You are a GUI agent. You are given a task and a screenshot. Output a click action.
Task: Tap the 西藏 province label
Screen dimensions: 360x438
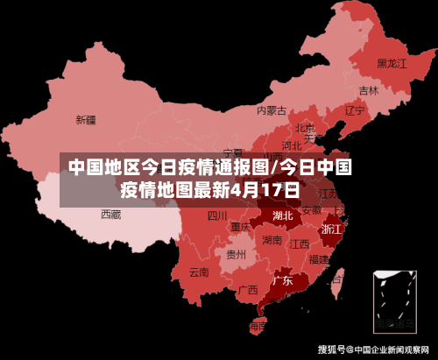(x=110, y=214)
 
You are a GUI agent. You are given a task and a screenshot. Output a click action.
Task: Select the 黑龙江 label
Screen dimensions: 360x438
(x=392, y=63)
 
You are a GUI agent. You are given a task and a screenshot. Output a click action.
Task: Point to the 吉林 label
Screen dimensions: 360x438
(x=369, y=90)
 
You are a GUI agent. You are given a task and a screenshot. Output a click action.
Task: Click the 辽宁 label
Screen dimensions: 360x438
(x=354, y=111)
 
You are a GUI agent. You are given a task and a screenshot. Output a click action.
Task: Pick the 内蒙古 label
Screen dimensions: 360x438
(x=272, y=110)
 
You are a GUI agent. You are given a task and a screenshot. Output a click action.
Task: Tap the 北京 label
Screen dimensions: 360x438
(x=305, y=128)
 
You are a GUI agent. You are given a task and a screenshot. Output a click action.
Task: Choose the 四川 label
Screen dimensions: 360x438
(x=217, y=215)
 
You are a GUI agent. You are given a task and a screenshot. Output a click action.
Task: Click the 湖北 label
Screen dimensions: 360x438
(x=283, y=215)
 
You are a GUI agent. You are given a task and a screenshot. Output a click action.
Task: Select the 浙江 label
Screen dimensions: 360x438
(x=332, y=229)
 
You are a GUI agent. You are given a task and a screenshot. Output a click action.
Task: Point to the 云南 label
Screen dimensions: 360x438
(x=199, y=272)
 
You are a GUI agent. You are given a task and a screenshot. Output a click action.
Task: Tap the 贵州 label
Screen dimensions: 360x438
(x=237, y=255)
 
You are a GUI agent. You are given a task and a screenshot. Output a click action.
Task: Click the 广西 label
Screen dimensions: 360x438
(x=248, y=289)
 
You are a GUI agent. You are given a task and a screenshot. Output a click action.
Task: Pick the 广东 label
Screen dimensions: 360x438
(x=282, y=281)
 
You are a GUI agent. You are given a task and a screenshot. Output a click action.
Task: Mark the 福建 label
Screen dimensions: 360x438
(x=320, y=259)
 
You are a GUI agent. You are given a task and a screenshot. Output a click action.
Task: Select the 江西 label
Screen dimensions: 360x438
(x=300, y=244)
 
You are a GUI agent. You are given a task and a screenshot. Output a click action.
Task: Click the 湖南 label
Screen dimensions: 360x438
(x=272, y=240)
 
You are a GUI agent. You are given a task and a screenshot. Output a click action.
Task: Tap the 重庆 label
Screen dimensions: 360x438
(x=241, y=227)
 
